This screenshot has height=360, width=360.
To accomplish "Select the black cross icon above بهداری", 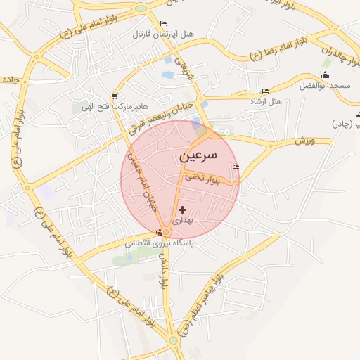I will pyautogui.click(x=183, y=209).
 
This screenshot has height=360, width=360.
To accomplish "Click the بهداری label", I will pyautogui.click(x=182, y=220).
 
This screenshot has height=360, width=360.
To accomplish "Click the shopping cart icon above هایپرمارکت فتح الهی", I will pyautogui.click(x=114, y=97).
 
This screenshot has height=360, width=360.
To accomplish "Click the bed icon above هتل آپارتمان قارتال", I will pyautogui.click(x=164, y=23).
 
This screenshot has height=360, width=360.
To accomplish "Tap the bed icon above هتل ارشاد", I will pyautogui.click(x=265, y=91).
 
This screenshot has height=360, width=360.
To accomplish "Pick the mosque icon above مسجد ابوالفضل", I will pyautogui.click(x=324, y=75).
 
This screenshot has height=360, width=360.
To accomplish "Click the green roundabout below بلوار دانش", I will pyautogui.click(x=174, y=341).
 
